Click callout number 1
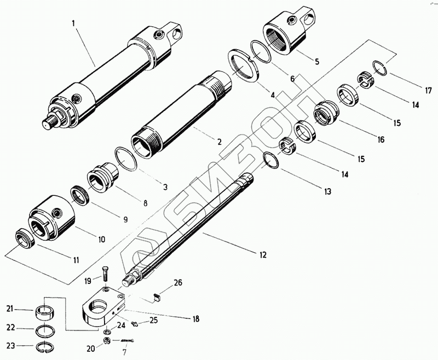(x=72, y=24)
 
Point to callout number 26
(x=178, y=283)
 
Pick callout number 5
(x=316, y=61)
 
